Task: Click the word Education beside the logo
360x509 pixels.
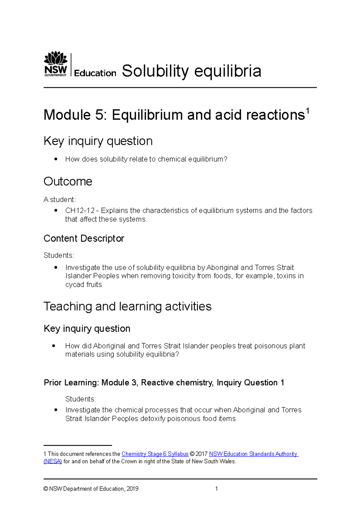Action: click(95, 73)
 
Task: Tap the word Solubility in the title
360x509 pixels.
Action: click(155, 71)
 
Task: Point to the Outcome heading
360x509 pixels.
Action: click(68, 181)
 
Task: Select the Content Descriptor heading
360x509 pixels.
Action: click(84, 238)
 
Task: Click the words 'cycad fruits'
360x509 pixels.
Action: click(83, 284)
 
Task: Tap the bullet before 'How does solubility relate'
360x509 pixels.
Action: click(56, 159)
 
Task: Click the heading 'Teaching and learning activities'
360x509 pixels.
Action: click(127, 306)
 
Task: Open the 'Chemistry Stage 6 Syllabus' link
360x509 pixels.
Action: click(155, 454)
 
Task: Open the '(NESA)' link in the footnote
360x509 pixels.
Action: click(52, 461)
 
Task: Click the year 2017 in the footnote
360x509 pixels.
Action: click(202, 454)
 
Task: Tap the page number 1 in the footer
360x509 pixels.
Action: click(217, 489)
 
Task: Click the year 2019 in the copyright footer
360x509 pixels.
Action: click(132, 489)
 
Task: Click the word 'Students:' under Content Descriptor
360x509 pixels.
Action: click(59, 255)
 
